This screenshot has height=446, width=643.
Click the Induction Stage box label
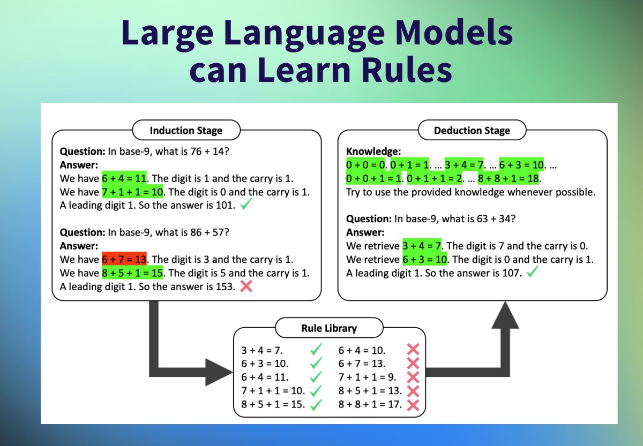185,130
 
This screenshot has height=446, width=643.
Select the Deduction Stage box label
472,130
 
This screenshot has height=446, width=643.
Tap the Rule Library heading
329,328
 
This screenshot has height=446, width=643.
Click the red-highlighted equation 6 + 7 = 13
124,260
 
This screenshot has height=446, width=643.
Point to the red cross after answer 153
246,286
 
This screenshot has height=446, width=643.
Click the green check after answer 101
246,205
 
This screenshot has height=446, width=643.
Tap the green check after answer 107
532,273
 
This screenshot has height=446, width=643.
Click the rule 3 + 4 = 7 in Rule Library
262,350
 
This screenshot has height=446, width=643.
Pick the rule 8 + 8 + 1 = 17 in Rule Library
370,404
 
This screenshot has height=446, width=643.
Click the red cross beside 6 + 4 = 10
413,350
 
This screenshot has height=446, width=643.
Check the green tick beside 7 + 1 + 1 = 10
316,391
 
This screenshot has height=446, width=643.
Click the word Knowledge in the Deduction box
373,152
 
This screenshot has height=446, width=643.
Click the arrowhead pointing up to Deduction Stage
505,316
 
